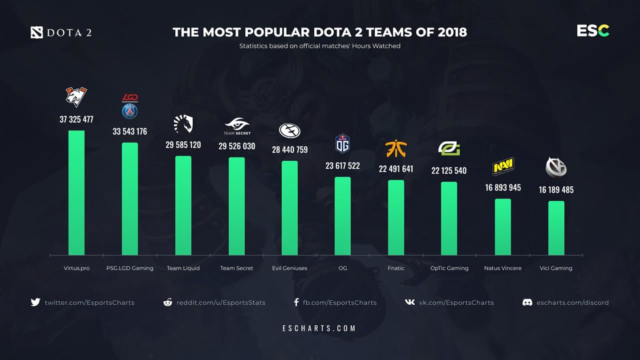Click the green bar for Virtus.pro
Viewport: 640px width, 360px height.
coord(76,192)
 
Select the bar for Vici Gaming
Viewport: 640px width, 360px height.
coord(556,228)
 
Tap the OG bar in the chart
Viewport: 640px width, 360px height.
coord(342,216)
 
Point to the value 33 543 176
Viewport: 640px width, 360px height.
coord(129,131)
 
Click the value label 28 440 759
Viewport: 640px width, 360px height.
coord(289,149)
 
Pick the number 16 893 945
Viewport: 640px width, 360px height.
coord(502,187)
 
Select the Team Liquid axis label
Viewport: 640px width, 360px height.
coord(183,268)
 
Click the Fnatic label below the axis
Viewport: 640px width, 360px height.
coord(396,268)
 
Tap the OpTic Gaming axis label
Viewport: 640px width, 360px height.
coord(449,268)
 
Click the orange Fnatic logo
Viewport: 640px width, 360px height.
coord(396,148)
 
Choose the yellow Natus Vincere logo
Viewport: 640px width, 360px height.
coord(503,166)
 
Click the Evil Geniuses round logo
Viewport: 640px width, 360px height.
coord(289,130)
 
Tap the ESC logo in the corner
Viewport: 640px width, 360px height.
coord(593,31)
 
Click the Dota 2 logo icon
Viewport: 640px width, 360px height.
coord(37,33)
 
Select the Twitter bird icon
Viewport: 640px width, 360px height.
coord(35,302)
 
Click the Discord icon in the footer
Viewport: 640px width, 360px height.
coord(527,302)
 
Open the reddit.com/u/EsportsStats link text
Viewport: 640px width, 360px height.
coord(220,302)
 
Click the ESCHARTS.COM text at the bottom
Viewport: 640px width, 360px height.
coord(319,328)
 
